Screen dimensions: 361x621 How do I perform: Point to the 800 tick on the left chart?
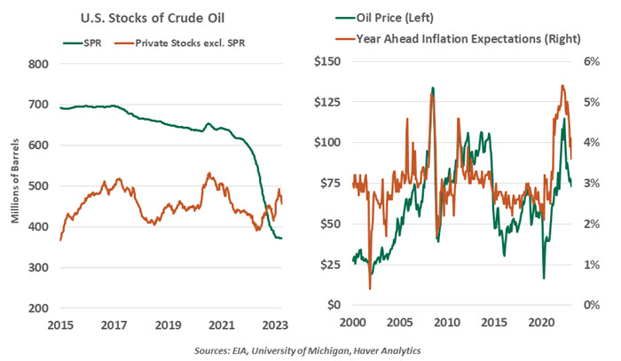point(35,64)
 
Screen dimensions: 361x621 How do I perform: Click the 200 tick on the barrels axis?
point(35,309)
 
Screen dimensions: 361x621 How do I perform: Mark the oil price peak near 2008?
point(433,88)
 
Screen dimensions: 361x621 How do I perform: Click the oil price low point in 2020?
point(544,278)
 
